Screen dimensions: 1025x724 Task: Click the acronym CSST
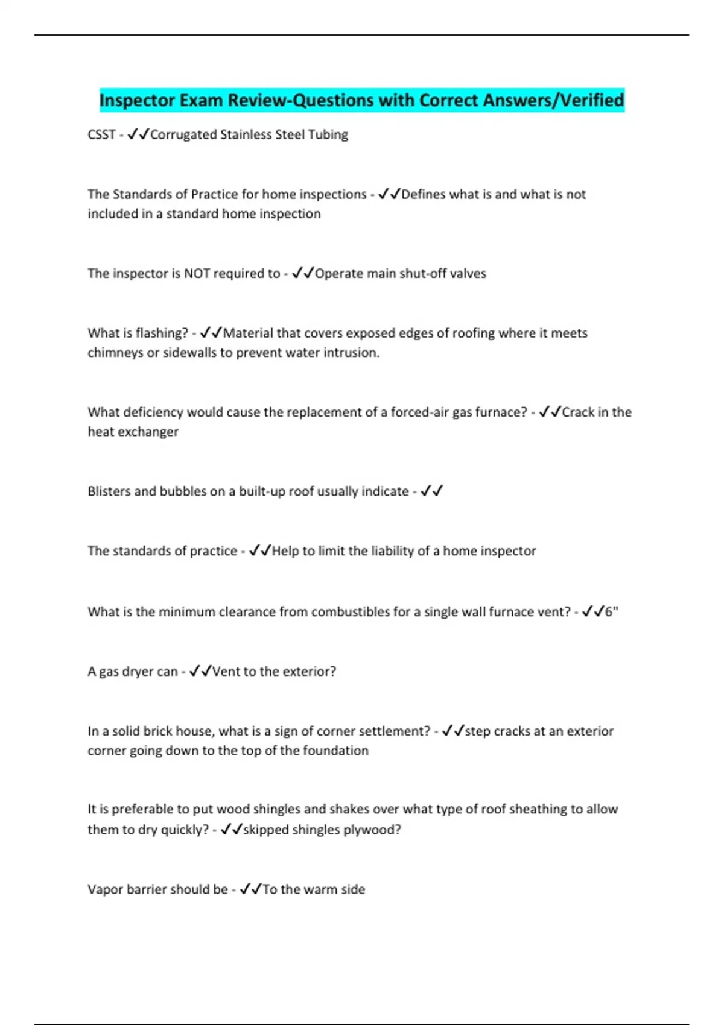tap(101, 134)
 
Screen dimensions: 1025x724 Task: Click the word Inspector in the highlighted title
tap(136, 100)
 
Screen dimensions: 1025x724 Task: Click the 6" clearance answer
tap(611, 611)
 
